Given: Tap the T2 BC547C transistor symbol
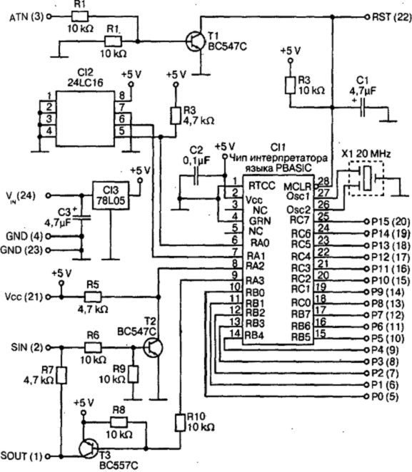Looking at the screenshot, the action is point(153,347).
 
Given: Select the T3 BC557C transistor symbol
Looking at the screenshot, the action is point(89,448).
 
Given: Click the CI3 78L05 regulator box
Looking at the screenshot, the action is point(111,195).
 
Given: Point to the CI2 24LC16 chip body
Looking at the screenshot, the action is point(85,118).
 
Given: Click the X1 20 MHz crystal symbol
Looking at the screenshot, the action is point(367,178).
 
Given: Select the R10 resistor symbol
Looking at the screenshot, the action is point(180,423).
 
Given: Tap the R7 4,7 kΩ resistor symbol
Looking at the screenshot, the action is point(61,375).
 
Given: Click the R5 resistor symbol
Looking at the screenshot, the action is point(93,297).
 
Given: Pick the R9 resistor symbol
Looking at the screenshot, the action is point(133,374).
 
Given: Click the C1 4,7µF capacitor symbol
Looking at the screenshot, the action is point(363,108).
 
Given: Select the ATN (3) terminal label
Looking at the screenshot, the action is point(26,17).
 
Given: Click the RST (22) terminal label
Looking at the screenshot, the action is point(392,17).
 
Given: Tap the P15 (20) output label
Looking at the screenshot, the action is point(391,222).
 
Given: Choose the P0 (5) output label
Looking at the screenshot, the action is point(385,396).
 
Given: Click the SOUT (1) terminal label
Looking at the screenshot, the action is point(21,456).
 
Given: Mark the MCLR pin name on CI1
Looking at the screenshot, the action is point(297,187).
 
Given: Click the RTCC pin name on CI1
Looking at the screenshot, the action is point(262,186).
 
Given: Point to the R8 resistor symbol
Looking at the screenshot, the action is point(119,421).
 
